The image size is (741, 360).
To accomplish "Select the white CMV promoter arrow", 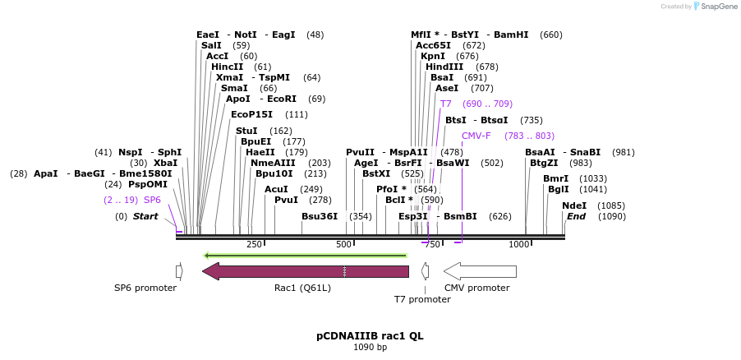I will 480,271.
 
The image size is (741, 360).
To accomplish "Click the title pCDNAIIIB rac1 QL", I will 370,336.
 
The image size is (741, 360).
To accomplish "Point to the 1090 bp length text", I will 370,348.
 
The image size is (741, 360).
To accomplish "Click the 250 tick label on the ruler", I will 254,244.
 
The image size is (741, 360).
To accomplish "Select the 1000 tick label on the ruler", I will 519,244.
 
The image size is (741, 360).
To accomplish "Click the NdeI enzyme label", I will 574,205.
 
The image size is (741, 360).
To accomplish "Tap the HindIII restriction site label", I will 444,67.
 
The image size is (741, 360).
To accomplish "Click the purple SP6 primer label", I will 152,200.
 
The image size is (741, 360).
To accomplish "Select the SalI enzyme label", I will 211,45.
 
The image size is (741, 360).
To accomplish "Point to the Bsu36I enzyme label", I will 320,216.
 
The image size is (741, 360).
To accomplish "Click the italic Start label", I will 145,216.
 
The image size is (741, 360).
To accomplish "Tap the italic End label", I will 576,216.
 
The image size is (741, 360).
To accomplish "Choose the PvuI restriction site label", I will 286,200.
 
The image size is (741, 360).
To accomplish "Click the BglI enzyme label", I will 558,189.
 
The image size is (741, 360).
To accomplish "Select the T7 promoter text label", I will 422,299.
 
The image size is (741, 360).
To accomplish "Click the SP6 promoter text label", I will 145,288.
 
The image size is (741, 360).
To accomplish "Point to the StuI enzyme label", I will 246,131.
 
